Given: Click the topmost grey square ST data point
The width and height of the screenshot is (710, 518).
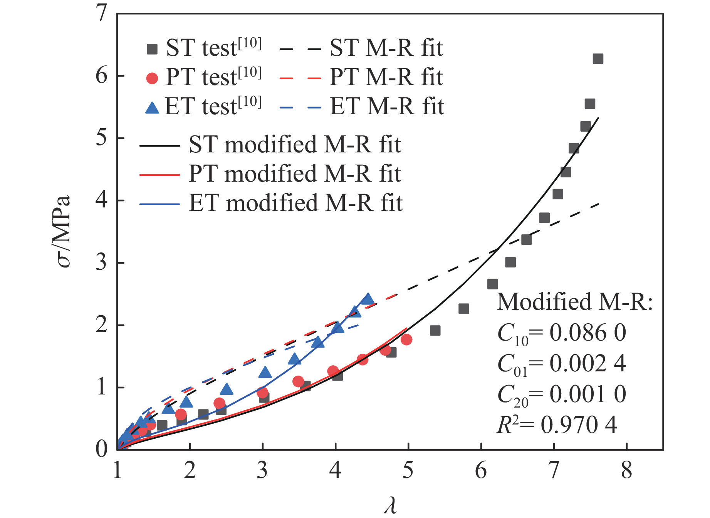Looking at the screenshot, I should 598,59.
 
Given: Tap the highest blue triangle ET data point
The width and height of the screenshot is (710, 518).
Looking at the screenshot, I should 368,299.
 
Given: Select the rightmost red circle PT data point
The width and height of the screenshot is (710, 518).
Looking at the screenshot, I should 406,339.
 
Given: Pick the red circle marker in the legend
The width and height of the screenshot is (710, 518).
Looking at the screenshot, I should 152,78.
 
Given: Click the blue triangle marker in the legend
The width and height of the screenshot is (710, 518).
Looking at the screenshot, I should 152,107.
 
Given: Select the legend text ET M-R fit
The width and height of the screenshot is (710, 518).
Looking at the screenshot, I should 387,106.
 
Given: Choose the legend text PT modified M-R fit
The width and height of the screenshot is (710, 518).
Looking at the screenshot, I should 295,174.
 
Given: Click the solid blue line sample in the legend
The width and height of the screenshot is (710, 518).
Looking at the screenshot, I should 159,204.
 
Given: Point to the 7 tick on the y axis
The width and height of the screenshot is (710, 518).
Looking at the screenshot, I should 101,14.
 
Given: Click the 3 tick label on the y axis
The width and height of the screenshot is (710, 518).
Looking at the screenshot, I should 101,263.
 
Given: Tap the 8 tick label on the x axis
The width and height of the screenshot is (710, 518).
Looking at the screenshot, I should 626,470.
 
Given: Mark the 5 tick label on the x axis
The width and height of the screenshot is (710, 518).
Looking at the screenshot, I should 408,470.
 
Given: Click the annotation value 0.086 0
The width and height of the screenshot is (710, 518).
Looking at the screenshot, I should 587,333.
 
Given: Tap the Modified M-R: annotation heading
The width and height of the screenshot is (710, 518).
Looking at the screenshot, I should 575,302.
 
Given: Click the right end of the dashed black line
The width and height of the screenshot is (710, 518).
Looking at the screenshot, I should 599,204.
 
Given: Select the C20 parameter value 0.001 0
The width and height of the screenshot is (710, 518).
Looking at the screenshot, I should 587,394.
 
